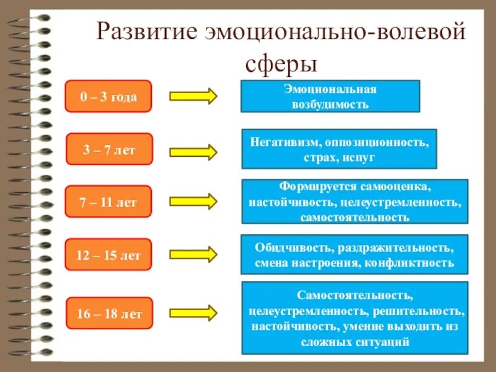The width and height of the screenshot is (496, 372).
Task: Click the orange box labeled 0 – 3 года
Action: [x=108, y=96]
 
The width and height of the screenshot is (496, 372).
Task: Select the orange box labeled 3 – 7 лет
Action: [x=108, y=149]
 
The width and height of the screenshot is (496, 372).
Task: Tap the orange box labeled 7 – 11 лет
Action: [x=108, y=201]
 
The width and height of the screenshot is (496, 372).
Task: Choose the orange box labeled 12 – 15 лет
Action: [x=108, y=254]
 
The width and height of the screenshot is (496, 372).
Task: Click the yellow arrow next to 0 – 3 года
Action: [x=193, y=96]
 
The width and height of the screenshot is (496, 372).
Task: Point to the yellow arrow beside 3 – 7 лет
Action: [x=193, y=151]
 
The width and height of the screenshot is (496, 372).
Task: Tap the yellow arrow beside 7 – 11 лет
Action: [x=193, y=201]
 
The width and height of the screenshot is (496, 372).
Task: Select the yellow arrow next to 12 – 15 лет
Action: [x=193, y=254]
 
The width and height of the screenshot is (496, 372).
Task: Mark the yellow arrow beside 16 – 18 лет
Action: [x=193, y=312]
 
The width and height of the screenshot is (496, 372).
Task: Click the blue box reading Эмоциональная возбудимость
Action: [x=330, y=96]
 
